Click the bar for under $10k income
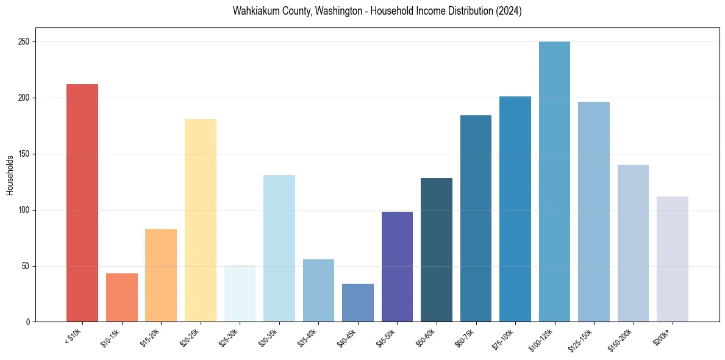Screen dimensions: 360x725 82,203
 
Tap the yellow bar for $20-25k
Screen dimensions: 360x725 200,220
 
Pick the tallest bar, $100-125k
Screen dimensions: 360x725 554,182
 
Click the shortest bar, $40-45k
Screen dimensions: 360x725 358,303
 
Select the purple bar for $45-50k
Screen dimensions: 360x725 397,267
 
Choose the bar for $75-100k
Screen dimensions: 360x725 515,209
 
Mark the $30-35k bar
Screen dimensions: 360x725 279,248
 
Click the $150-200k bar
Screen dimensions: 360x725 633,243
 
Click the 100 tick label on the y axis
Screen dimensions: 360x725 24,210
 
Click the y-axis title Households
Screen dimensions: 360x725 10,175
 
